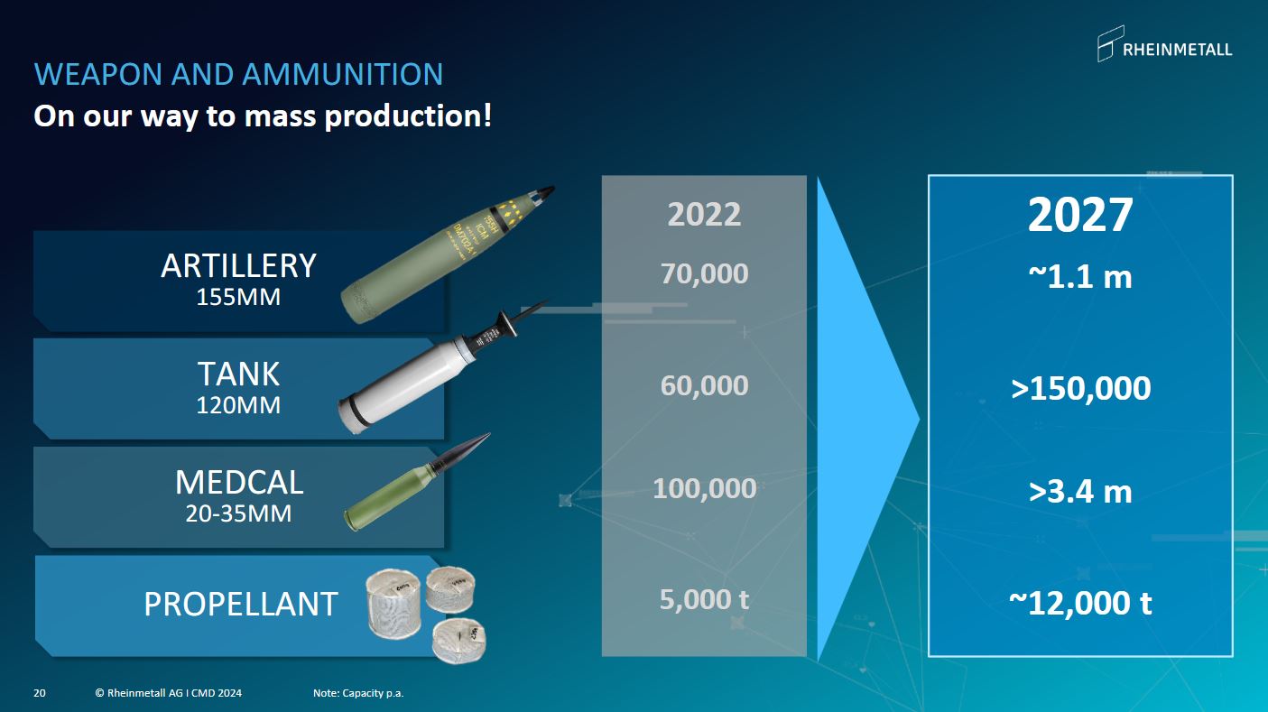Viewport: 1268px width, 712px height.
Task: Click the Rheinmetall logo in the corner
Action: [1164, 43]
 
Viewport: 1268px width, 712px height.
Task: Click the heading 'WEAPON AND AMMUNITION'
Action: [238, 74]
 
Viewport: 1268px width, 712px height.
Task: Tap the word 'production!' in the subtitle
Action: [408, 116]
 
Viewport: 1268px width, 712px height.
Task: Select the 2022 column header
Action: [704, 215]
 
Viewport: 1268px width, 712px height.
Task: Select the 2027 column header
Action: [1080, 215]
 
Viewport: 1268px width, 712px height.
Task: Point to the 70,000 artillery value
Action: [704, 274]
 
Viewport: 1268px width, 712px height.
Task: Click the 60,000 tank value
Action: [704, 385]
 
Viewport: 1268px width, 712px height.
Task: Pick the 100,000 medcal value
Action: [704, 488]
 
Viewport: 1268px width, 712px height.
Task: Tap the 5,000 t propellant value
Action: [704, 599]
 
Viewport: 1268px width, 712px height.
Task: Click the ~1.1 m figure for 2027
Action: [1080, 277]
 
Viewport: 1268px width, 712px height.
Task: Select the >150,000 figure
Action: [1080, 388]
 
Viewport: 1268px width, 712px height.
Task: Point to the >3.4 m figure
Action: [1080, 491]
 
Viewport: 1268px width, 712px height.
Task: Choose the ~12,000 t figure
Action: [1080, 603]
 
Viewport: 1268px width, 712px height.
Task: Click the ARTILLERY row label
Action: [238, 266]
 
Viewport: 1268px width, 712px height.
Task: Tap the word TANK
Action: [238, 374]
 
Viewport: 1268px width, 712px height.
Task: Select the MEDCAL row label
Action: [239, 482]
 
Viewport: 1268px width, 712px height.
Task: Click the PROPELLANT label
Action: [241, 604]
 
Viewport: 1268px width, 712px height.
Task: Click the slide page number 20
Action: [40, 693]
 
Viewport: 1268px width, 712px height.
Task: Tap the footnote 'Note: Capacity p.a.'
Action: [358, 693]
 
